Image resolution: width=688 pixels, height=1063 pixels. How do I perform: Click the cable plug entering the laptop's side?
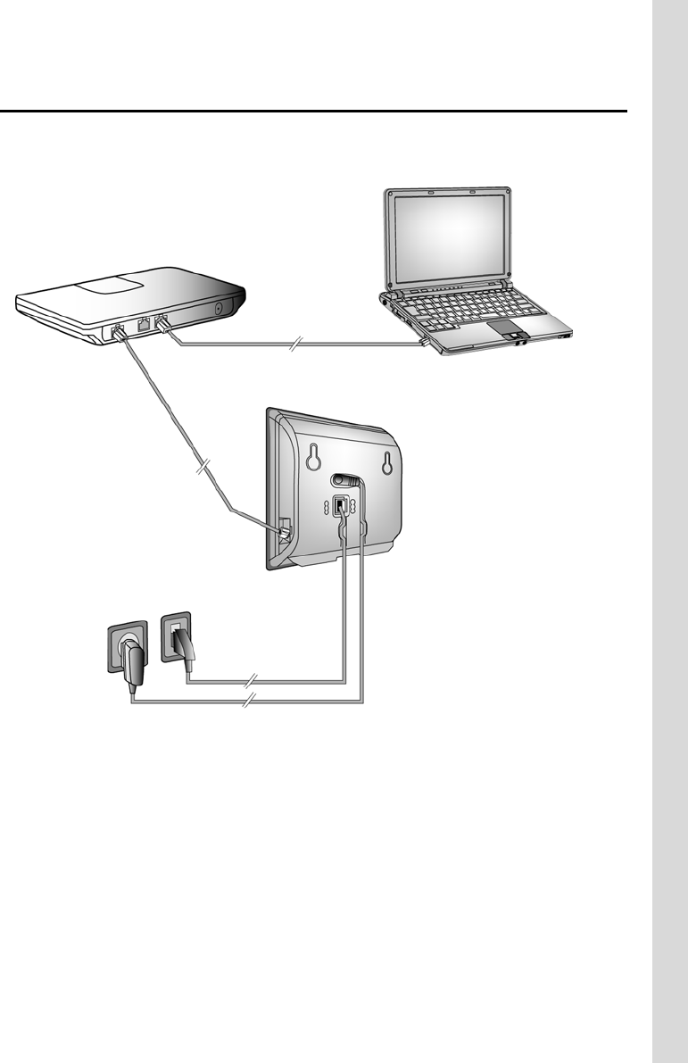pos(425,340)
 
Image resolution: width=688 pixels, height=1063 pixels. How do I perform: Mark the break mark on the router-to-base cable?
pos(203,467)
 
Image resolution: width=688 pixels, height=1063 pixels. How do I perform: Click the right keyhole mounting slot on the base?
pos(386,461)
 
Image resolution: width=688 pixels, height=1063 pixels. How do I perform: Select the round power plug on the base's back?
pos(350,482)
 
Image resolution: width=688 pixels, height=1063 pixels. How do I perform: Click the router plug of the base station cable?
pos(117,332)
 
